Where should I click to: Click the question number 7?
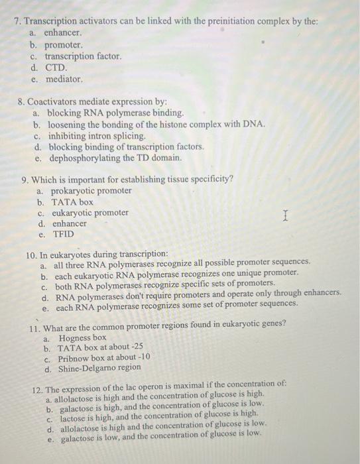pyautogui.click(x=17, y=21)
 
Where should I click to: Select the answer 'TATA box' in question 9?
pyautogui.click(x=72, y=202)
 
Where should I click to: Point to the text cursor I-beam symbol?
pyautogui.click(x=285, y=215)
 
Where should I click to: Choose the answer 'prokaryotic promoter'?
pyautogui.click(x=91, y=191)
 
